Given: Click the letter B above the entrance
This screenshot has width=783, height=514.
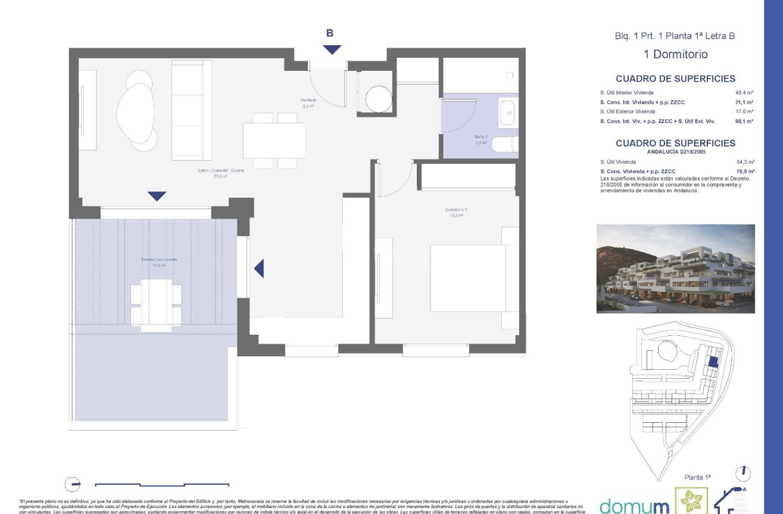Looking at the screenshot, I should tap(330, 33).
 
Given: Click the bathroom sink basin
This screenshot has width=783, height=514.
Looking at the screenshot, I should tap(507, 112).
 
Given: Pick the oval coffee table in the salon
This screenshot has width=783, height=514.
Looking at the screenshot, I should tap(136, 113).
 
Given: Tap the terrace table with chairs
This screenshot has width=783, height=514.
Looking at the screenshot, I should tap(156, 304).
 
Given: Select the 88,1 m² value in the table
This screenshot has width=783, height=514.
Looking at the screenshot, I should tap(745, 121).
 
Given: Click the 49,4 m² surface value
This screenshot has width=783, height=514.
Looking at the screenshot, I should tap(745, 93).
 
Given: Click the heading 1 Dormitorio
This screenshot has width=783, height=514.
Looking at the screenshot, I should tap(676, 54).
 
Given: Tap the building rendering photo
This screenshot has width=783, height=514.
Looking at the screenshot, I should tap(675, 269).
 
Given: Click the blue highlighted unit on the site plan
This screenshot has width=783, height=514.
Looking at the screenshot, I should tap(713, 361).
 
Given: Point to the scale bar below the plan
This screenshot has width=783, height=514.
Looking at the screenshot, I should tap(162, 484).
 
